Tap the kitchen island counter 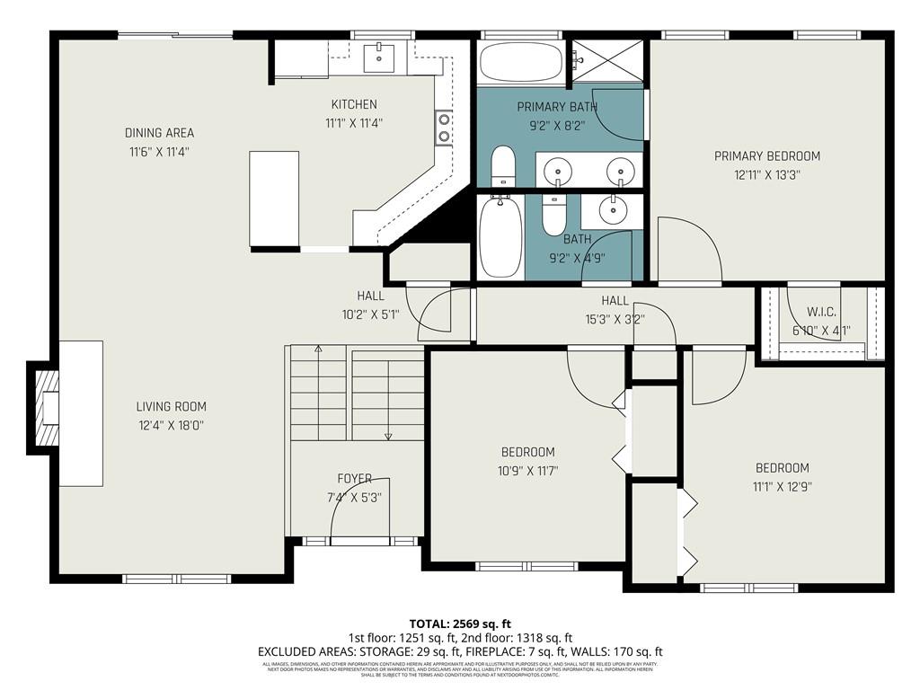(x=274, y=198)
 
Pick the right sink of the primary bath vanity (x=619, y=169)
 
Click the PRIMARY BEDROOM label (x=766, y=156)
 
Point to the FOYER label (x=354, y=479)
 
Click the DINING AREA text (x=159, y=133)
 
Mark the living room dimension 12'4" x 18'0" (x=171, y=426)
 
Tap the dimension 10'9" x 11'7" (x=527, y=470)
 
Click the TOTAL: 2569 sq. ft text (x=459, y=624)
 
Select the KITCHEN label (x=353, y=104)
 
